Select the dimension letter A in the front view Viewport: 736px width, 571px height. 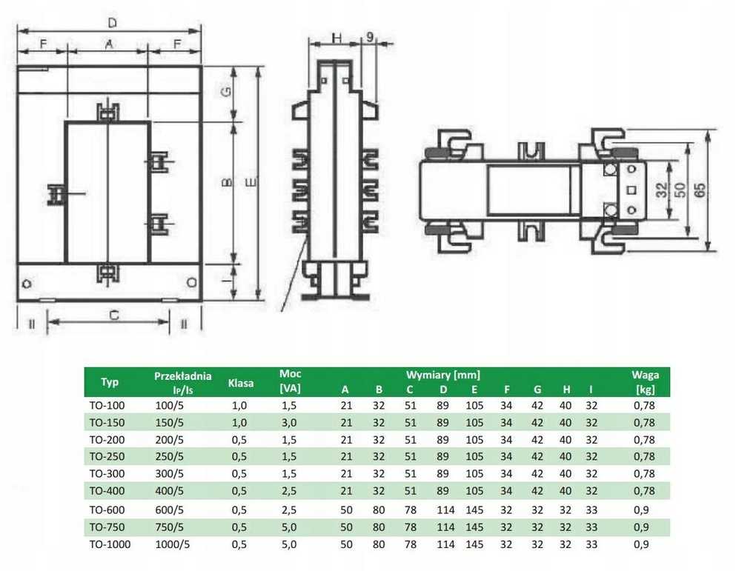pos(109,44)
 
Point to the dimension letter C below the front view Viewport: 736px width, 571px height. pos(113,314)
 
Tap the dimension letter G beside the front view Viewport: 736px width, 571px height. pos(228,93)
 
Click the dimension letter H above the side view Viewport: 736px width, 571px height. pos(336,38)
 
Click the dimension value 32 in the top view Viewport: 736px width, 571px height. pos(661,190)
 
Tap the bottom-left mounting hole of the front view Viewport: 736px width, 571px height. pos(28,283)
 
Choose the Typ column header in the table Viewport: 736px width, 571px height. pos(110,383)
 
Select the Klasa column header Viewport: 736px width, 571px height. pos(241,384)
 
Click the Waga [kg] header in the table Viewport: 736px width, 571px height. pos(645,382)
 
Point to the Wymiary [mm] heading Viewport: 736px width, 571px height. pos(442,375)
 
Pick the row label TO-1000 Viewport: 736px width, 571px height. pos(110,544)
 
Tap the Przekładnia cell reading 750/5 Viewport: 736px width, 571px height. pos(169,526)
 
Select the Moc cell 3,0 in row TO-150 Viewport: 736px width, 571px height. pos(289,423)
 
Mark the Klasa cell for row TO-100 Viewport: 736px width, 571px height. pos(241,406)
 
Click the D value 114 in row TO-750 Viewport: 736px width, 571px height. pos(442,526)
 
